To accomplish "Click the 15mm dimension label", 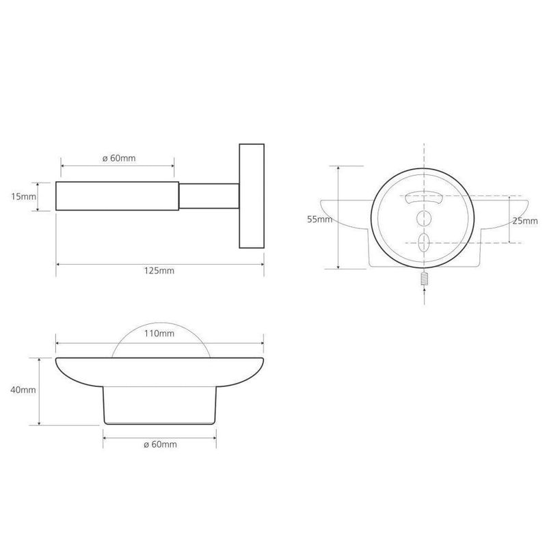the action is [x=23, y=196].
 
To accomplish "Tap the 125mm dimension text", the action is [x=159, y=271].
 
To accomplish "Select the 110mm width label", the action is [x=159, y=334].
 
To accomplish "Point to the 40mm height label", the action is [x=23, y=390].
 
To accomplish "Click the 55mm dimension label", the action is [x=319, y=219].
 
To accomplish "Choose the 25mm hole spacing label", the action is [x=525, y=221].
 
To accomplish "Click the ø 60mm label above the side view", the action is [x=119, y=158].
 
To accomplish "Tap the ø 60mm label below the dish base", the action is [x=160, y=444].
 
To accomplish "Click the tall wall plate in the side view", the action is [x=252, y=196].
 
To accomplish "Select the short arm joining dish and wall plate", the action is [x=209, y=196].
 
